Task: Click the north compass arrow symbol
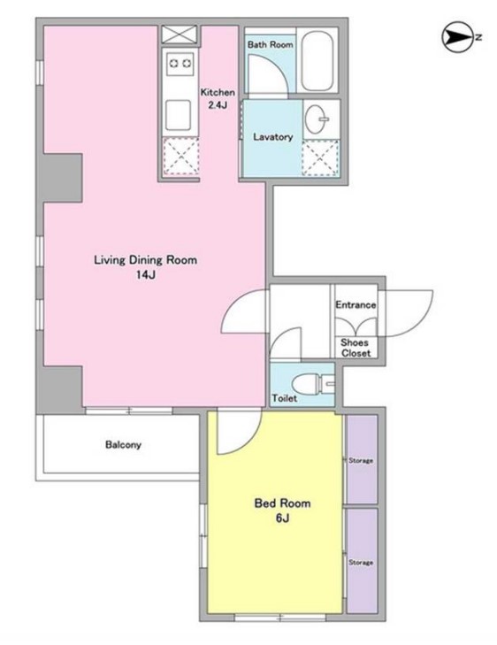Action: point(456,37)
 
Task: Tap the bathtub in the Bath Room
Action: point(317,60)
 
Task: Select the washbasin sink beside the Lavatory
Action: point(317,119)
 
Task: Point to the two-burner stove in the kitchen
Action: point(180,63)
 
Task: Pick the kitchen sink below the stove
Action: point(178,115)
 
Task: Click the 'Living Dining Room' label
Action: point(146,260)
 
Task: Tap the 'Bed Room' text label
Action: point(282,503)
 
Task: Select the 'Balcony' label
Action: point(123,444)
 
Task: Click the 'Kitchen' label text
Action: point(218,92)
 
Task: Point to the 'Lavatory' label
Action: point(273,136)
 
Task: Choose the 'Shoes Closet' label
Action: point(356,348)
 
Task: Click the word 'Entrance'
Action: point(356,305)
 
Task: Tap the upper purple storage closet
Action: point(362,459)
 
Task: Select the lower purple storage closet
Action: point(362,561)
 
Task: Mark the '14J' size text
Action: point(146,275)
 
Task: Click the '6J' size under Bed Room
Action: point(282,518)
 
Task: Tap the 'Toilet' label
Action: point(285,398)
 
